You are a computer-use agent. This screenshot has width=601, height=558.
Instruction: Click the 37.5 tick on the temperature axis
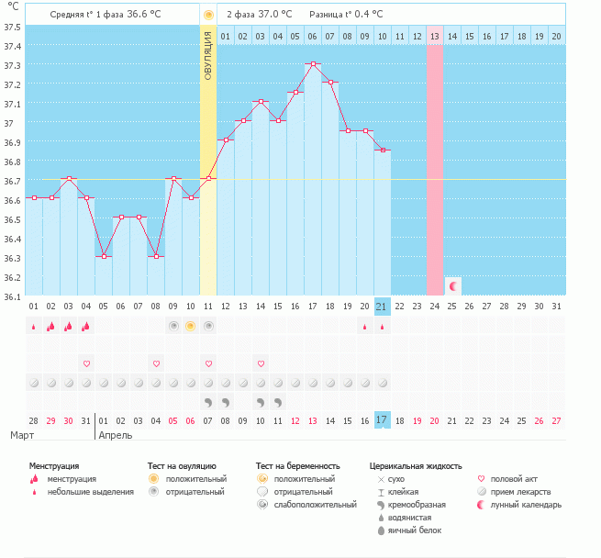[13, 27]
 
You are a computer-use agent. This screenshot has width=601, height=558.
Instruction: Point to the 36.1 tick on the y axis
[13, 296]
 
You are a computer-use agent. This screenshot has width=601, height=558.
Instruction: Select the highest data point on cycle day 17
[313, 63]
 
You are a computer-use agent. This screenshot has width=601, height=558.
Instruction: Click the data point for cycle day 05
[104, 256]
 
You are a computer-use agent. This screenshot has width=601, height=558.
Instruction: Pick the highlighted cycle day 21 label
[383, 306]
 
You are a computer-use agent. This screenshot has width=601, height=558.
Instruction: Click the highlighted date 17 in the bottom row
[383, 419]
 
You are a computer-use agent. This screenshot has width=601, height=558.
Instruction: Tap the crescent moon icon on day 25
[452, 286]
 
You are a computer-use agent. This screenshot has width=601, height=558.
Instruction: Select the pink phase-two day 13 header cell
[435, 36]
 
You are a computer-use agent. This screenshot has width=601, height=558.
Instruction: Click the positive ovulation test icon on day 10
[191, 326]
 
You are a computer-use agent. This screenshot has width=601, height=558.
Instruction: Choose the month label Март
[24, 435]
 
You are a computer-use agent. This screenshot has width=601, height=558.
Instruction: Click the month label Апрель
[116, 435]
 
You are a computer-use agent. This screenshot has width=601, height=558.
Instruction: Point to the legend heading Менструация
[54, 466]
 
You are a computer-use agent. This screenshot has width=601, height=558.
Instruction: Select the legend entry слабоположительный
[313, 505]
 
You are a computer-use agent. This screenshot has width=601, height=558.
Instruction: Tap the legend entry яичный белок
[414, 530]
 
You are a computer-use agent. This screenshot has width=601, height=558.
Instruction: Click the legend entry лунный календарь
[525, 505]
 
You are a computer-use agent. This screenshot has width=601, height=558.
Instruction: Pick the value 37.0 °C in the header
[273, 15]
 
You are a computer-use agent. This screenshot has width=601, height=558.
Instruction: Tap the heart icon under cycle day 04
[86, 363]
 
